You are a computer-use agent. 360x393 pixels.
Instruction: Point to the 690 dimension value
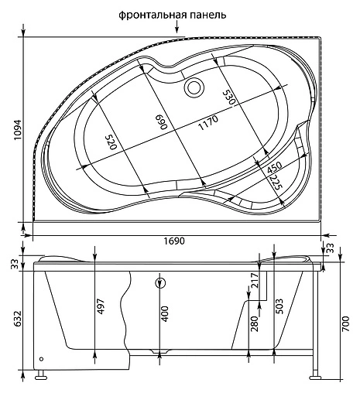click(x=163, y=123)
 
